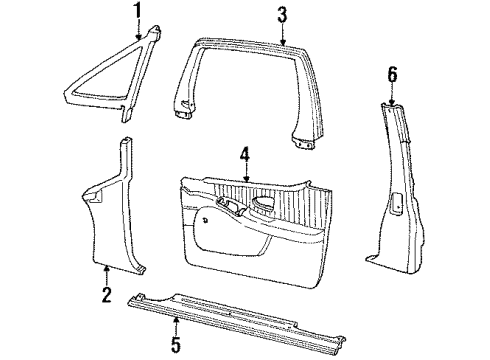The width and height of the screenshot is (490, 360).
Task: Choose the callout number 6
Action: (392, 73)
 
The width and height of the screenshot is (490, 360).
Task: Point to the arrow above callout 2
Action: (107, 273)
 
